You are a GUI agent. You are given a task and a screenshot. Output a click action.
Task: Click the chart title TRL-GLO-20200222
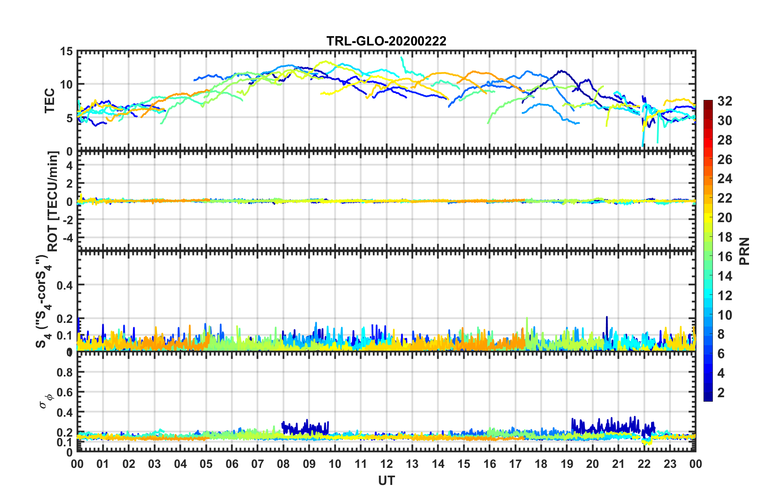tap(386, 41)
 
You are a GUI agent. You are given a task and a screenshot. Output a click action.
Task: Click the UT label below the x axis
tap(386, 481)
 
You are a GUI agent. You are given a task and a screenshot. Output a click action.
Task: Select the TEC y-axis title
tap(50, 101)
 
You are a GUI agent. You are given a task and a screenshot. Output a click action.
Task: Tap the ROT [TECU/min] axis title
tap(53, 201)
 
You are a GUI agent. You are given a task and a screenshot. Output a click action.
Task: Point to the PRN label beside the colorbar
tap(745, 251)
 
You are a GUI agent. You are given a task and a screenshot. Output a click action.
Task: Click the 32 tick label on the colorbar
tap(725, 102)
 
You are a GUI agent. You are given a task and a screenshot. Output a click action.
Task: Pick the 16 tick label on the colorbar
tap(725, 257)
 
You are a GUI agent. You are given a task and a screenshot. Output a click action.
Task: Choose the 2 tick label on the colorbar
tap(721, 393)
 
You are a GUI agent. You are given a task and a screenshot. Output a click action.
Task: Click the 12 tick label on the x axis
tap(386, 464)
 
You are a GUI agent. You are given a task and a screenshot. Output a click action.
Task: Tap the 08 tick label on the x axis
tap(283, 464)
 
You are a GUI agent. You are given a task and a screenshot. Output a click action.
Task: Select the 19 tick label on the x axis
tap(567, 464)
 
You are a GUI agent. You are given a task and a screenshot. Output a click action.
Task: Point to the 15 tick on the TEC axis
tap(66, 52)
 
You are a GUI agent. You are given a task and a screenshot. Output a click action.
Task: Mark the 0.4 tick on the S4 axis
tap(65, 285)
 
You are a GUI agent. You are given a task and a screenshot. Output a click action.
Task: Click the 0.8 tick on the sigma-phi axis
tap(65, 372)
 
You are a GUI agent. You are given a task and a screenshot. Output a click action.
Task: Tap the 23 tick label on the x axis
tap(670, 464)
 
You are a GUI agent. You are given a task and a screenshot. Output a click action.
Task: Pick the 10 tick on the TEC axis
tap(66, 85)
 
